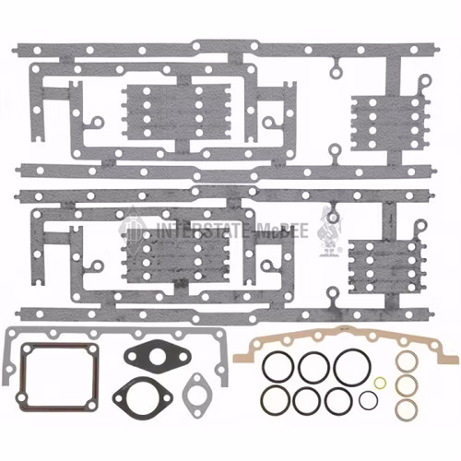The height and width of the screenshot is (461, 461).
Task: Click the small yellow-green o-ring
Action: [x=379, y=378]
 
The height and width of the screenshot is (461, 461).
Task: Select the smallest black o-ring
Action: [x=361, y=400]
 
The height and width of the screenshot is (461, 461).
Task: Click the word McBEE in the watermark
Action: [x=282, y=230]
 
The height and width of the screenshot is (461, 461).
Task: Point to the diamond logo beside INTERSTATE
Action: [x=134, y=230]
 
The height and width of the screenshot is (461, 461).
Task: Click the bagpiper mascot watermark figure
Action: [x=328, y=230]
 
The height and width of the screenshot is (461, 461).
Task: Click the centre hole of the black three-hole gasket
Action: [x=158, y=356]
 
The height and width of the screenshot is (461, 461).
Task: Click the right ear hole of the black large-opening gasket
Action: [x=166, y=398]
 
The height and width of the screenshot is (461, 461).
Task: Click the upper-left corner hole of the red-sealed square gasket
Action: [x=27, y=349]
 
